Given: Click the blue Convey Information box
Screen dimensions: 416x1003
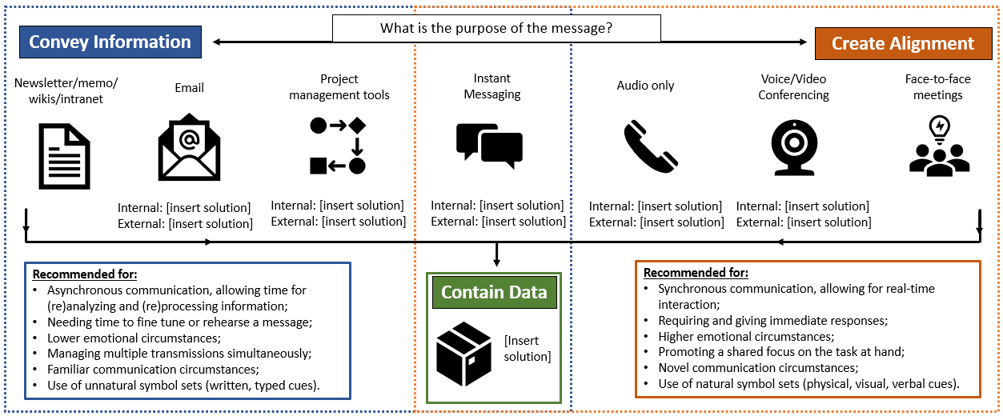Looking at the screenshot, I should tap(110, 42).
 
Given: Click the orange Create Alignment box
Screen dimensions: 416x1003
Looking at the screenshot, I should tap(902, 43).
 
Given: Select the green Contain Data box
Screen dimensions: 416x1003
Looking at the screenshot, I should tap(494, 292).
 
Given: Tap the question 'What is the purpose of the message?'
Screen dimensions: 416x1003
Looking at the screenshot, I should tap(496, 29).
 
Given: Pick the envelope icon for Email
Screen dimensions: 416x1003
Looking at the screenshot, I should tap(189, 148).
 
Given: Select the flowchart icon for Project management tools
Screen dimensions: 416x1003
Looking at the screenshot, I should tap(338, 146).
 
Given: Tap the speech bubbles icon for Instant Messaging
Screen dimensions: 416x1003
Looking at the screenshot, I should tap(489, 146).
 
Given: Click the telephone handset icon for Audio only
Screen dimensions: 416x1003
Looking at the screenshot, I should tap(650, 146).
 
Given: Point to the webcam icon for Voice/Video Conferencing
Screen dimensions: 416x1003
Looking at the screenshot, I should tap(793, 148).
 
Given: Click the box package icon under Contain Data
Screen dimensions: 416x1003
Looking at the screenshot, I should tap(463, 354).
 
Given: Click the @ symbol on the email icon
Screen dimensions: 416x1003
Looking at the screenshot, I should tap(189, 140).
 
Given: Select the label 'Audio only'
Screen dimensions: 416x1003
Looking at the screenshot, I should tap(645, 86).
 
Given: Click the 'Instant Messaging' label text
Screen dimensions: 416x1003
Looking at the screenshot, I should tap(492, 86).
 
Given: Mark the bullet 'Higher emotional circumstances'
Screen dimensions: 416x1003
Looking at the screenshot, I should tap(745, 337).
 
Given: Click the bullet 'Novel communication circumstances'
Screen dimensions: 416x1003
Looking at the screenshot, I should tap(757, 368).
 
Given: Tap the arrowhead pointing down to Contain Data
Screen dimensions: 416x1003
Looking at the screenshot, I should tap(496, 262).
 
